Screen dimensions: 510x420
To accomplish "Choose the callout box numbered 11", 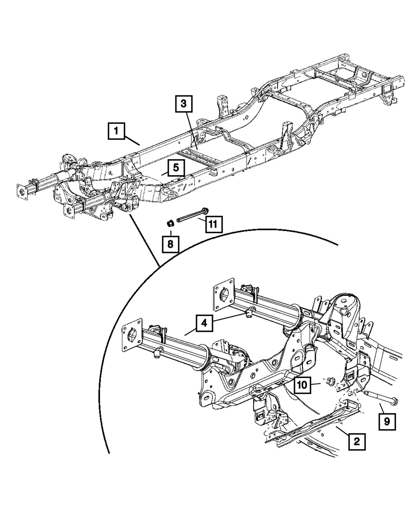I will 213,224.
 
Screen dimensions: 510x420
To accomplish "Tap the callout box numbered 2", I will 357,441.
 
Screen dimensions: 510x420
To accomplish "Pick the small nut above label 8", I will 171,223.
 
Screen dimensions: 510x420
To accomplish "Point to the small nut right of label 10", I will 330,381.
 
